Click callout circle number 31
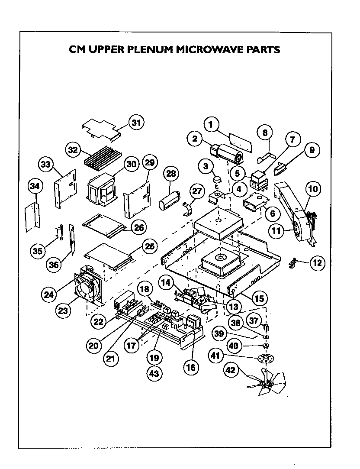click(136, 123)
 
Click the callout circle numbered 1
click(211, 126)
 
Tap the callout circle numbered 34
click(36, 187)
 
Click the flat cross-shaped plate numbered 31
click(100, 129)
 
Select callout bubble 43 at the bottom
click(154, 373)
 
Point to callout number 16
click(190, 368)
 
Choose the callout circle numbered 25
click(149, 247)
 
